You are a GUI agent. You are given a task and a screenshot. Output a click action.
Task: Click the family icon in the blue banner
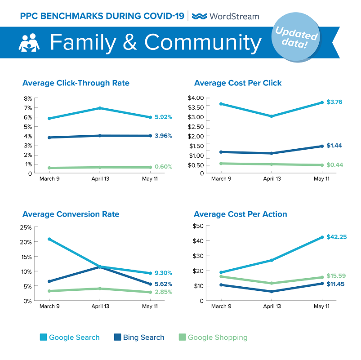(x=29, y=43)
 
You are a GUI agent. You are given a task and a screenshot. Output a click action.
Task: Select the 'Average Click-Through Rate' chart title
(x=76, y=83)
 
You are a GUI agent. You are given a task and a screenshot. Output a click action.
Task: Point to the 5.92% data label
(x=163, y=117)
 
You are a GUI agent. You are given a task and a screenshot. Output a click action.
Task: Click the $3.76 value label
(x=335, y=102)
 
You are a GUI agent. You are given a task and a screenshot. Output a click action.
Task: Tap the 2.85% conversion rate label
(x=163, y=292)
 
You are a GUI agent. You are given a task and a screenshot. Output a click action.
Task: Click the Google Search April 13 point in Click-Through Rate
(x=100, y=108)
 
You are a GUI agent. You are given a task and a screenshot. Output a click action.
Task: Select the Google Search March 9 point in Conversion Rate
(x=49, y=239)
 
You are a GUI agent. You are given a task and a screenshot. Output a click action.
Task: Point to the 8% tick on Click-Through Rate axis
(x=27, y=98)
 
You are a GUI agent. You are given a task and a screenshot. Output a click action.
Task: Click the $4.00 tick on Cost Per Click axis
(x=196, y=98)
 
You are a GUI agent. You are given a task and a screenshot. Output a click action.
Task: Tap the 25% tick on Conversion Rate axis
(x=26, y=227)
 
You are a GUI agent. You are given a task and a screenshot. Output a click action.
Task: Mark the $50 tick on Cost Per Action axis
(x=198, y=226)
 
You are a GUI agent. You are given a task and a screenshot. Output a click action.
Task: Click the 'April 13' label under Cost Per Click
(x=272, y=178)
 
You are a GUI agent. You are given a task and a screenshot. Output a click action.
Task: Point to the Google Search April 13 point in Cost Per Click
(x=272, y=116)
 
